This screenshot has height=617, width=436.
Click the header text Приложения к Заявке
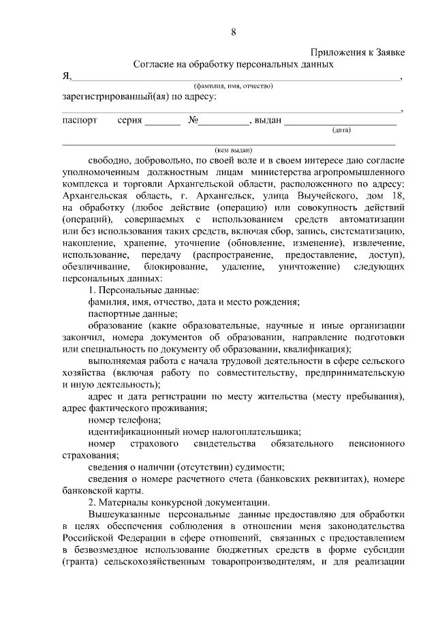[358, 52]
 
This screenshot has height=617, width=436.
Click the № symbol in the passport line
[193, 120]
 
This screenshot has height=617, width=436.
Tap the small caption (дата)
[341, 130]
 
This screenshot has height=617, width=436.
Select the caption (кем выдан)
[233, 150]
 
